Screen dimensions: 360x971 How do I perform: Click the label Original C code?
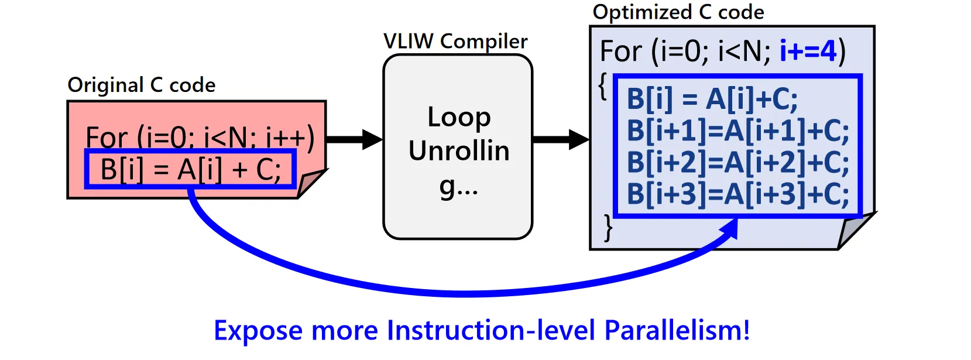click(x=141, y=85)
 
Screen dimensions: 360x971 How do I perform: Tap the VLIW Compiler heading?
click(x=455, y=42)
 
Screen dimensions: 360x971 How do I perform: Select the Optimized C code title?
click(x=678, y=12)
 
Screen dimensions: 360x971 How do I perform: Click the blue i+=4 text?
click(x=808, y=52)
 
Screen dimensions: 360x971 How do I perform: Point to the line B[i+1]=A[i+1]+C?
click(x=737, y=131)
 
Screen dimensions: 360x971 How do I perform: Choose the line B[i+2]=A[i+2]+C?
click(x=737, y=162)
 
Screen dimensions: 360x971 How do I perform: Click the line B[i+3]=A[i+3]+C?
click(x=737, y=194)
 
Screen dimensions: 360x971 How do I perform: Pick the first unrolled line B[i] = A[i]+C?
click(x=712, y=99)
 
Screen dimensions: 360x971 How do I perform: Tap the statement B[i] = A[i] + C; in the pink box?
click(x=191, y=170)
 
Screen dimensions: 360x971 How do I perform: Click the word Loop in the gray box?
click(x=459, y=117)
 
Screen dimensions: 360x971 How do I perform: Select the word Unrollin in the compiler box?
click(x=459, y=151)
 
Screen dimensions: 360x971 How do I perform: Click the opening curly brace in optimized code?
click(x=603, y=87)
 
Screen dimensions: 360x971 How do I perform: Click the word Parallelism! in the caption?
click(x=677, y=330)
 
